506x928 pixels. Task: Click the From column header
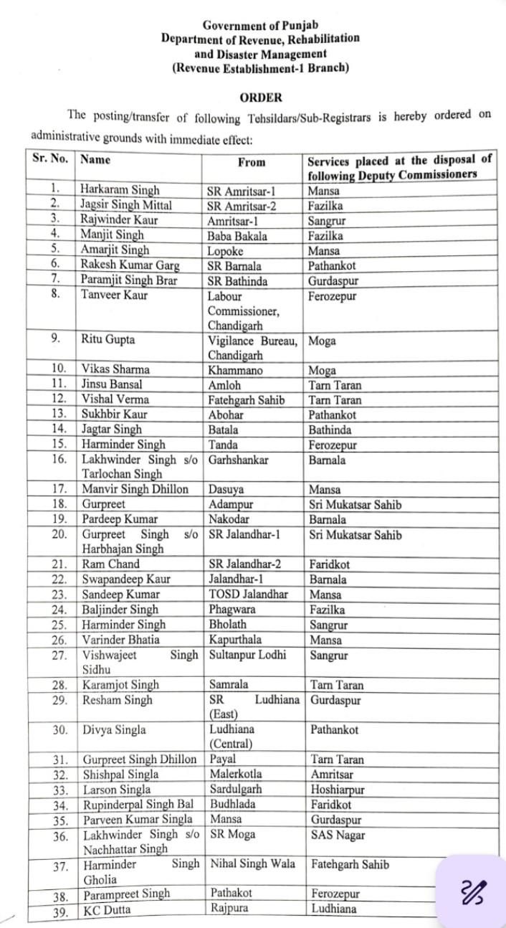point(252,163)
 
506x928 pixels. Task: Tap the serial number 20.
point(59,534)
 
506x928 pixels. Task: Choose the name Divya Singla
point(114,730)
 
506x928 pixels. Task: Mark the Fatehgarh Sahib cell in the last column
point(350,864)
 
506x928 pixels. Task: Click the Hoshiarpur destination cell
point(338,790)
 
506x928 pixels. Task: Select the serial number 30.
point(59,730)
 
